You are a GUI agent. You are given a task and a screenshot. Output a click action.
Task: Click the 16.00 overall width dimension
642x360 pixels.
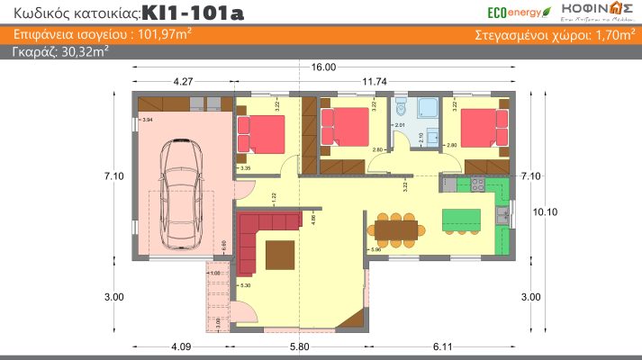pos(323,67)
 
